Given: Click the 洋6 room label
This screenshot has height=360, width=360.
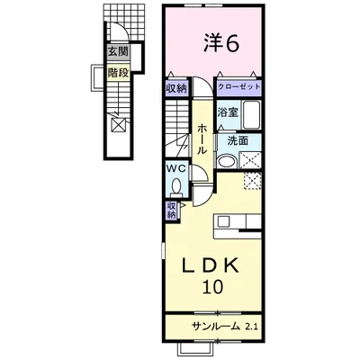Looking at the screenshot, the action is [x=221, y=42].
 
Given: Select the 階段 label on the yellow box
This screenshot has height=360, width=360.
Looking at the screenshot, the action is [x=118, y=73].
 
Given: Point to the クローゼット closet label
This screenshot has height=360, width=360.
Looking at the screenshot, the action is [x=238, y=87].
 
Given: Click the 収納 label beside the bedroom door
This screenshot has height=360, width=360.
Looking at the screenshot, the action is [x=176, y=88].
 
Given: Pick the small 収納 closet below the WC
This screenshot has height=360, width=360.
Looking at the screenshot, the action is [x=171, y=211].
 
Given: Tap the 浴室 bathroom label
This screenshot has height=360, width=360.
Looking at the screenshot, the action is [x=228, y=112].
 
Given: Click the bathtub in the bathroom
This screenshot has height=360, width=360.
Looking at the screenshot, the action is [x=251, y=115].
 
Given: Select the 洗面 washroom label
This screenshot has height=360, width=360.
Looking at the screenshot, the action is [x=238, y=140].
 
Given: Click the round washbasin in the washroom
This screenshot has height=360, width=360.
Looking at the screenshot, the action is [x=226, y=162].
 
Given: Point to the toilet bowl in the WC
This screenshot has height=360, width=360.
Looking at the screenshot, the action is [x=176, y=186].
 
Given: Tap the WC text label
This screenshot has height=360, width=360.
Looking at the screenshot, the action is [x=177, y=169].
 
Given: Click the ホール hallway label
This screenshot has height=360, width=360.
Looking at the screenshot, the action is [x=202, y=139].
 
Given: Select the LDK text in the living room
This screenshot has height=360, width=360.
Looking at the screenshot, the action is [x=211, y=265].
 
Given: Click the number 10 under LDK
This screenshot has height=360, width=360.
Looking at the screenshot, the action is [x=213, y=286].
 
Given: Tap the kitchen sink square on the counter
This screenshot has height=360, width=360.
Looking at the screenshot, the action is [x=223, y=221].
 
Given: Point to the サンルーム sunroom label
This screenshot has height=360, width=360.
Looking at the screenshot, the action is [x=217, y=326].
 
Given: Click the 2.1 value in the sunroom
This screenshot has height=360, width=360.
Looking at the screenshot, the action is [x=250, y=326].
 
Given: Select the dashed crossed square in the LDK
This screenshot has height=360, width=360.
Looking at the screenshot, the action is [x=252, y=181].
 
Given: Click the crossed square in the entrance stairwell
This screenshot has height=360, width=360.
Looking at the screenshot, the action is [x=119, y=125].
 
